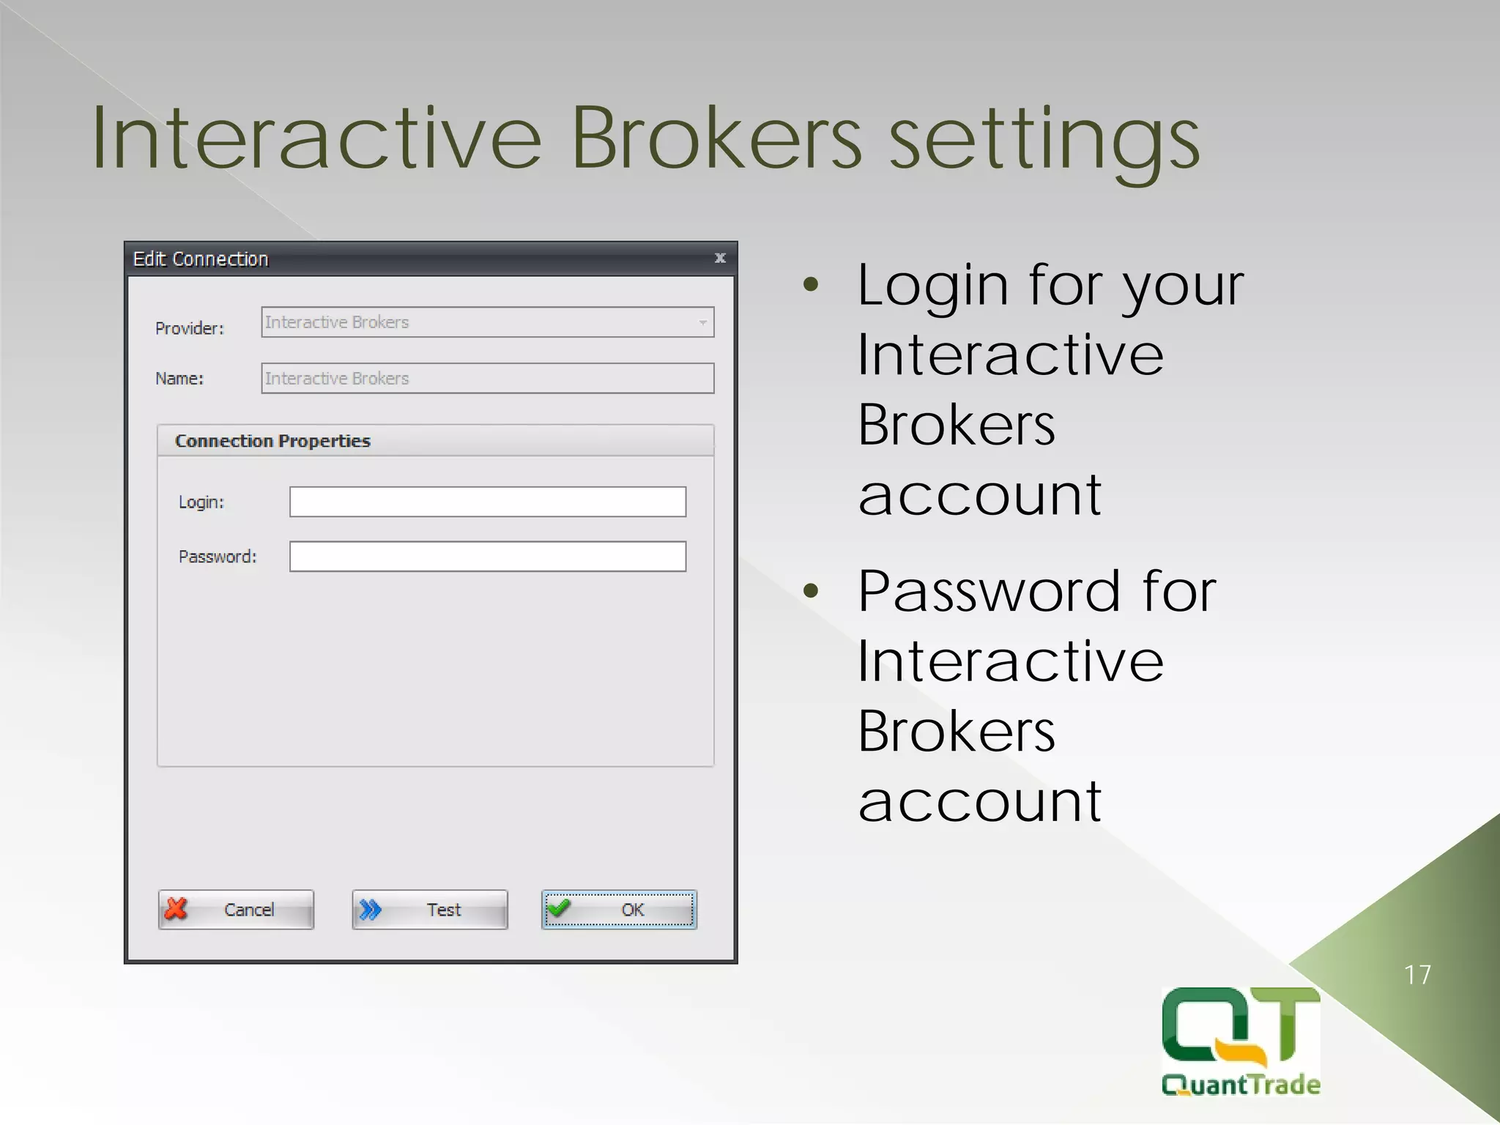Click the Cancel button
(236, 910)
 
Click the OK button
(619, 910)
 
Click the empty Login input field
(487, 502)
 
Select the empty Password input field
(487, 557)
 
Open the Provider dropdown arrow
(702, 322)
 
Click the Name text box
(487, 379)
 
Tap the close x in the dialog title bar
(720, 258)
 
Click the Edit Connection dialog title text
(201, 259)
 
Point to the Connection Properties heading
(272, 441)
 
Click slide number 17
(1417, 975)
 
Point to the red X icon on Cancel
(177, 909)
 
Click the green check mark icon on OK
(560, 908)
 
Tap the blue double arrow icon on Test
(371, 910)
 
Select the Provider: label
(190, 328)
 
